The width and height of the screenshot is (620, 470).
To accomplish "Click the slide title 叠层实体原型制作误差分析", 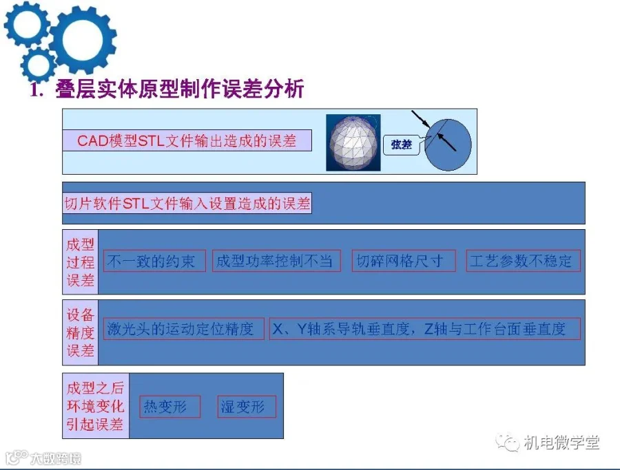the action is (180, 89).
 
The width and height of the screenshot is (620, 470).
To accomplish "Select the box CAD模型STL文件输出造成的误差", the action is (187, 140).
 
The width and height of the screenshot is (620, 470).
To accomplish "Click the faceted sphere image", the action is (353, 142).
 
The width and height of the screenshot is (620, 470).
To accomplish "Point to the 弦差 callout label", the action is (402, 145).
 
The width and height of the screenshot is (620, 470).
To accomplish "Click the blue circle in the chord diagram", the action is (448, 145).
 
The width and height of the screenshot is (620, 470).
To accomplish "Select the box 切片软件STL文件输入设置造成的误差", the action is (187, 203).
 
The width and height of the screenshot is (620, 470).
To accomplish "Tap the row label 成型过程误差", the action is (81, 262).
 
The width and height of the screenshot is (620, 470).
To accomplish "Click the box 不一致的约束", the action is (154, 261).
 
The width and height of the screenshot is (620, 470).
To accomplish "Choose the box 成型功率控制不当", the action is (276, 261).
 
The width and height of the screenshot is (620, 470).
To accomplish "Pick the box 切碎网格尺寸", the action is (404, 261).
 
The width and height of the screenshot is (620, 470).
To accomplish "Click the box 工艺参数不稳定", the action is (523, 261).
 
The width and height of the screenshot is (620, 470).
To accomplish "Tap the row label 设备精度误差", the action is (81, 332).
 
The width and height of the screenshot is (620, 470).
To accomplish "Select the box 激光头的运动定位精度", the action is (183, 329).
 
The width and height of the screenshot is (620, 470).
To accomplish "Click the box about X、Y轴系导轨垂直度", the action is (424, 329).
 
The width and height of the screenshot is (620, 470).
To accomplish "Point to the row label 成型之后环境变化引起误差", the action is (96, 405).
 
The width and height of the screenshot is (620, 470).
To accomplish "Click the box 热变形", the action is (170, 407).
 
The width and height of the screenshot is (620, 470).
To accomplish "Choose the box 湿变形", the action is (247, 407).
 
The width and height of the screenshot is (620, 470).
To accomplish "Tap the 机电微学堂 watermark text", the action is (561, 442).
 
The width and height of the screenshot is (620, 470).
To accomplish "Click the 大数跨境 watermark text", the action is (56, 458).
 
